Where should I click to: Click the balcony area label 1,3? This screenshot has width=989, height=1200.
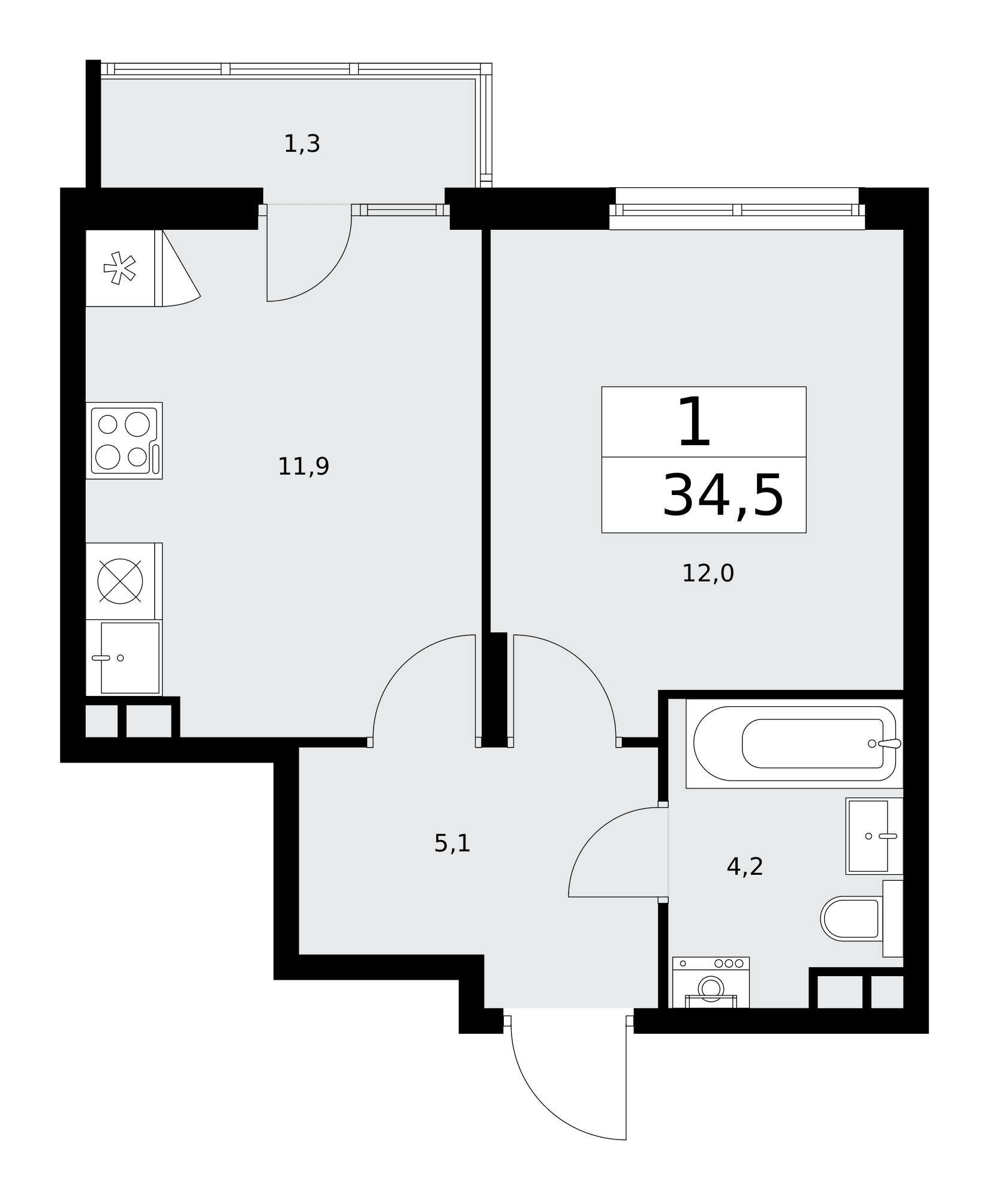[x=302, y=144]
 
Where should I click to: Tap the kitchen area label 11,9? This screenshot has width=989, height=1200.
[x=303, y=466]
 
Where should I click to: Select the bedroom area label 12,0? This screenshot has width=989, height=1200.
[x=708, y=574]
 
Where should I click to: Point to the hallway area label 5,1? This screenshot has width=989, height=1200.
[x=452, y=844]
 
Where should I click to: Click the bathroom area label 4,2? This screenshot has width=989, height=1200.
[x=745, y=866]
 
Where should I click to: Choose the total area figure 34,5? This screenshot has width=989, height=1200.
[x=723, y=496]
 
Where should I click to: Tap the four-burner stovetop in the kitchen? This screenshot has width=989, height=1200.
[x=124, y=440]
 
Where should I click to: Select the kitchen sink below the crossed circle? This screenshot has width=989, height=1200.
[x=124, y=658]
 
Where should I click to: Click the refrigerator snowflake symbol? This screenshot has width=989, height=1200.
[x=119, y=268]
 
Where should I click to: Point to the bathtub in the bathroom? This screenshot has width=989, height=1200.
[x=795, y=743]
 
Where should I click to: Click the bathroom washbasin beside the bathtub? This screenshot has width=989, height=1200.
[x=874, y=836]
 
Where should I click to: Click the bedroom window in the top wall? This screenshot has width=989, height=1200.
[x=737, y=209]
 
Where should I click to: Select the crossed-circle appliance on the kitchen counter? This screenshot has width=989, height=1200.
[x=120, y=581]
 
